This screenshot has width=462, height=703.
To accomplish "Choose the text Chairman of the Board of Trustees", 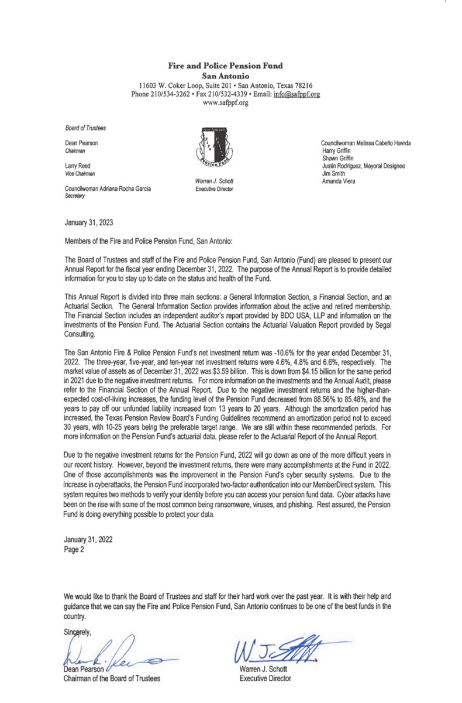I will pos(110,678).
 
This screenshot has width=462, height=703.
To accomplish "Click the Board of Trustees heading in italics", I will pos(82,128).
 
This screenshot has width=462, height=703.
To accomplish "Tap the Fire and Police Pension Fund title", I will pos(226,66).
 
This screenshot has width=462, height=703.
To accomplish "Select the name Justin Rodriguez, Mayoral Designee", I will pos(363,166).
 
